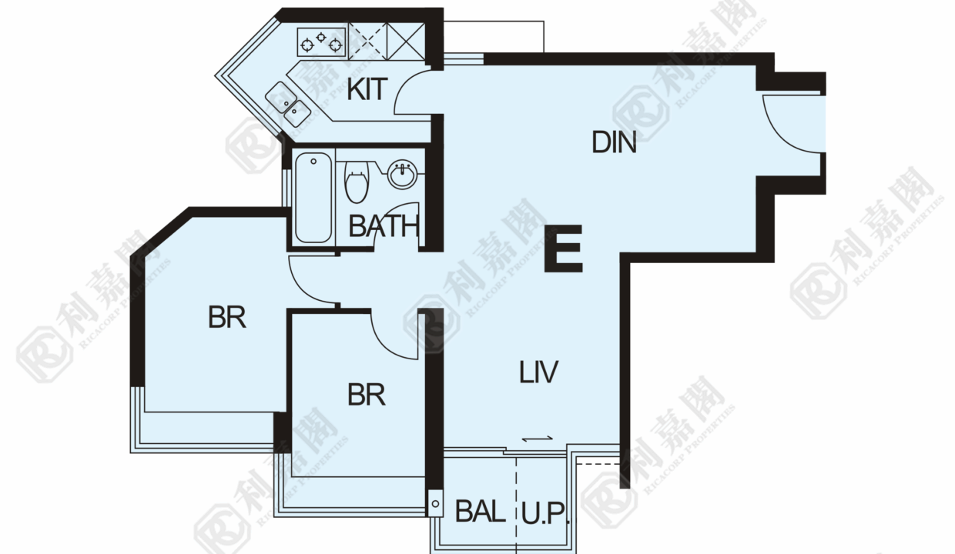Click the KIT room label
click(x=367, y=89)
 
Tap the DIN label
click(x=614, y=142)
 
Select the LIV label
click(x=538, y=372)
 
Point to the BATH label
click(x=384, y=226)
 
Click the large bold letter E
click(x=563, y=249)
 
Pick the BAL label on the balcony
click(x=481, y=511)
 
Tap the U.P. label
click(x=545, y=513)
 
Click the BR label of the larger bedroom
click(x=226, y=317)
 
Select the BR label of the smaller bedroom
click(x=367, y=395)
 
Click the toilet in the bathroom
click(x=357, y=182)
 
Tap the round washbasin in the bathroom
click(x=402, y=174)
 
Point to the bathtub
click(x=313, y=198)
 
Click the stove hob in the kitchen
click(x=321, y=42)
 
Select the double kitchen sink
click(x=288, y=105)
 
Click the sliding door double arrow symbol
click(x=538, y=439)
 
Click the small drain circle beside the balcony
click(x=435, y=504)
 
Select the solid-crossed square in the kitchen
click(x=406, y=42)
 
